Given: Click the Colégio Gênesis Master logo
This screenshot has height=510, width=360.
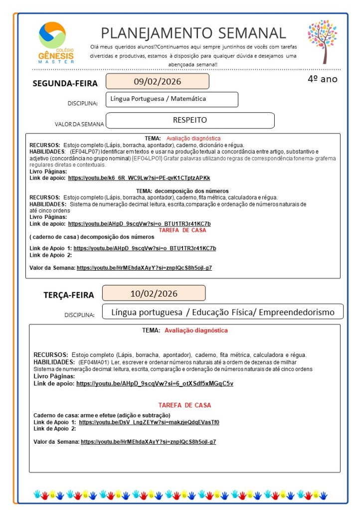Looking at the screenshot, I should pyautogui.click(x=56, y=42).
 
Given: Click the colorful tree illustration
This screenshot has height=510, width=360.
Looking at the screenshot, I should pyautogui.click(x=322, y=42).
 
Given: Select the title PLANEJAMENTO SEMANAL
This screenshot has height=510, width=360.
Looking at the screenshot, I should pyautogui.click(x=193, y=33).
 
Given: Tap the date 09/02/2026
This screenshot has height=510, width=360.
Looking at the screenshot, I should pyautogui.click(x=157, y=81).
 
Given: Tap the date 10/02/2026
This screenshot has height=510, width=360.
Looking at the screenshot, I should pyautogui.click(x=154, y=293).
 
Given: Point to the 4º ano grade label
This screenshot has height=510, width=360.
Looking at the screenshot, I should pyautogui.click(x=322, y=79).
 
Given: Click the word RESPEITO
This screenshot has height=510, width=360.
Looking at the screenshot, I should pyautogui.click(x=189, y=120).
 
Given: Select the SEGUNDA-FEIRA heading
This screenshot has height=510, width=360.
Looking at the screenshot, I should pyautogui.click(x=65, y=83).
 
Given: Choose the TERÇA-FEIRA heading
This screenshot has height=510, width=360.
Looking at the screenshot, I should pyautogui.click(x=68, y=295).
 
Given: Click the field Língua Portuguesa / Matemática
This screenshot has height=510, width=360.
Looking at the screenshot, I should pyautogui.click(x=158, y=99).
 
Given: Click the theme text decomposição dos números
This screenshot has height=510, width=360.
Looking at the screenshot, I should pyautogui.click(x=191, y=191).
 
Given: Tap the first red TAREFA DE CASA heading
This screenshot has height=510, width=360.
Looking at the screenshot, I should pyautogui.click(x=182, y=230).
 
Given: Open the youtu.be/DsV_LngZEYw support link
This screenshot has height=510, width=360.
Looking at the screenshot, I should pyautogui.click(x=149, y=422).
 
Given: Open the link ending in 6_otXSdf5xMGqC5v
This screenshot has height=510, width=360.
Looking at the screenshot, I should pyautogui.click(x=155, y=383).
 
